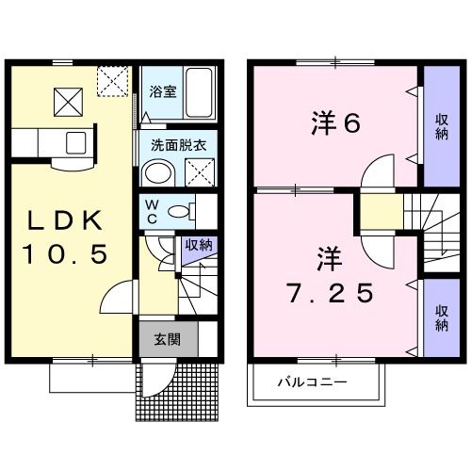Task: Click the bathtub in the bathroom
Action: coord(199,91)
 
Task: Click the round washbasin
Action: coord(157,172)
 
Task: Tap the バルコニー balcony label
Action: coord(312,383)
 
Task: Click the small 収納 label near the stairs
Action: coord(198,245)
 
